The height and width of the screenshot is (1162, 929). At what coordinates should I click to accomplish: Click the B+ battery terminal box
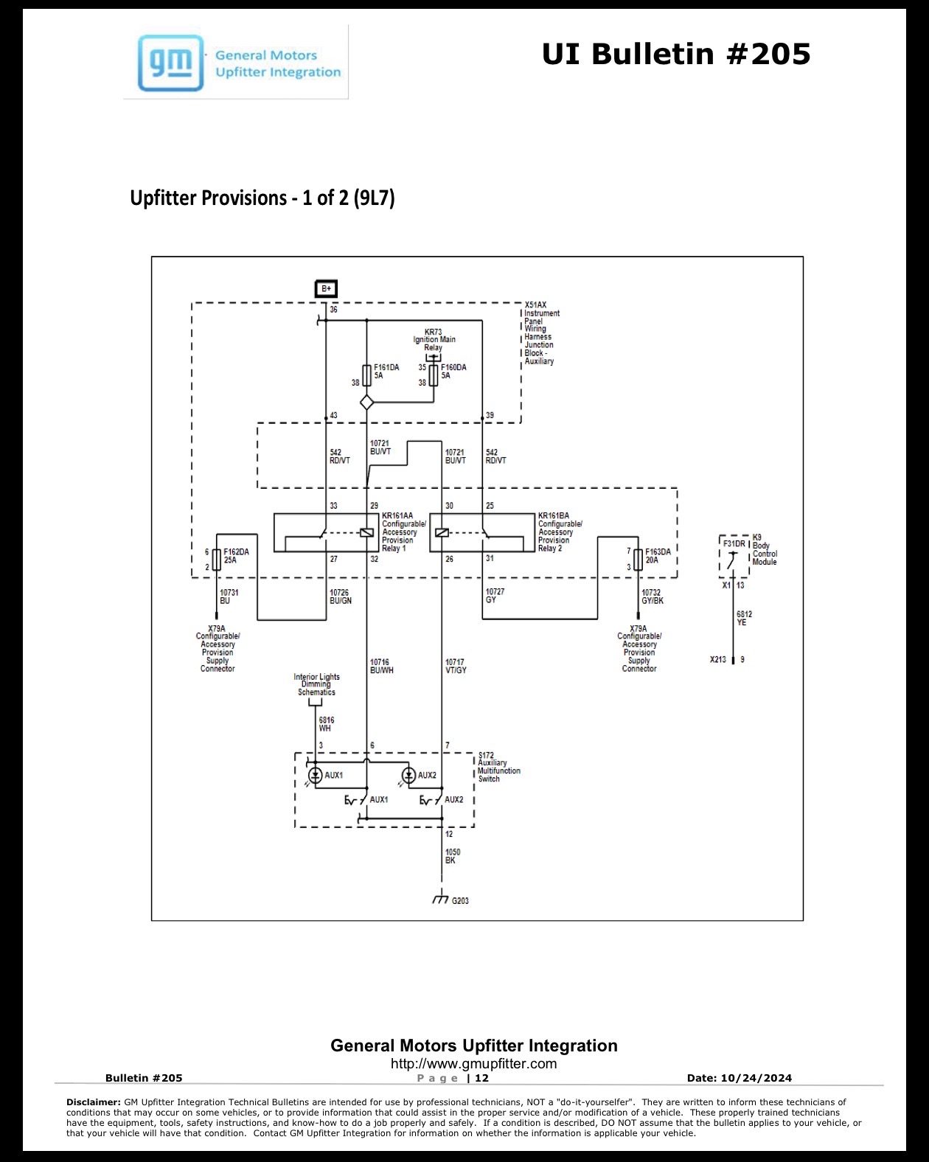(x=326, y=289)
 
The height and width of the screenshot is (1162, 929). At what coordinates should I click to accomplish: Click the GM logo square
(x=170, y=63)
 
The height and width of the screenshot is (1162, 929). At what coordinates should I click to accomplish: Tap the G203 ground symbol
(x=441, y=898)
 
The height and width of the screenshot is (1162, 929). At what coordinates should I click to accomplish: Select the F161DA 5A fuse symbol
(x=366, y=375)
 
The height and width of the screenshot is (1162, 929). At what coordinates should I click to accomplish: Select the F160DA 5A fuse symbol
(x=434, y=375)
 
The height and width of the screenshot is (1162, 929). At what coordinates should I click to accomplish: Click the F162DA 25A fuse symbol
(x=217, y=560)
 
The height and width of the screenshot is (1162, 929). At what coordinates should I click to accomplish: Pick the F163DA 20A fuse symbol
(x=639, y=560)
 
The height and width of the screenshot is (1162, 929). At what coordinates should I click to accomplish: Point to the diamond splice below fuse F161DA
(x=366, y=403)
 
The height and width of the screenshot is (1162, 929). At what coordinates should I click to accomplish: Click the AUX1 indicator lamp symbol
(x=316, y=776)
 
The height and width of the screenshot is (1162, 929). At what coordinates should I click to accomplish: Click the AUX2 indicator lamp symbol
(x=409, y=776)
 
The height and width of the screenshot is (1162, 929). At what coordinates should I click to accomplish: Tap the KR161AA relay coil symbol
(x=366, y=533)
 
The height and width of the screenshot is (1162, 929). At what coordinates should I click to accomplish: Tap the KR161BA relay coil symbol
(x=442, y=533)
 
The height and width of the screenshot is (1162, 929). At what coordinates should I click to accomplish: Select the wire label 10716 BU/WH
(x=382, y=667)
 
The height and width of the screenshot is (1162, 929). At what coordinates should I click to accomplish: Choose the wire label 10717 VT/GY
(x=456, y=667)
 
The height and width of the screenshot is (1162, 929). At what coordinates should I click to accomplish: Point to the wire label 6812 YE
(x=744, y=619)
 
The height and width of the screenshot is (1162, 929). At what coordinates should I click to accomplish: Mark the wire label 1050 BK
(x=453, y=856)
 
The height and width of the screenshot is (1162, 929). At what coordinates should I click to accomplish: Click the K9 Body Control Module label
(x=765, y=550)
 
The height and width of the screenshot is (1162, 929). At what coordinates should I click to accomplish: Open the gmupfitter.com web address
(x=473, y=1064)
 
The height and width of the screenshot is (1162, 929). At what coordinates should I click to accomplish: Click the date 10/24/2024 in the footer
(x=756, y=1078)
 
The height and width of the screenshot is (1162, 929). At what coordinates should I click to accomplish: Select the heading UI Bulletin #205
(x=676, y=54)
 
